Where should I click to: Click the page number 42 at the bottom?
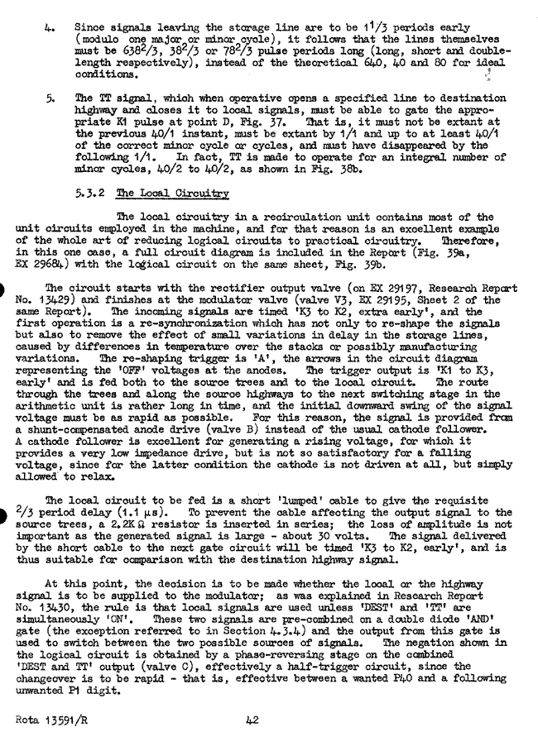(253, 720)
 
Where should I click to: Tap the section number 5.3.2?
(92, 194)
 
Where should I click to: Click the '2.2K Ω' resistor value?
(138, 525)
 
